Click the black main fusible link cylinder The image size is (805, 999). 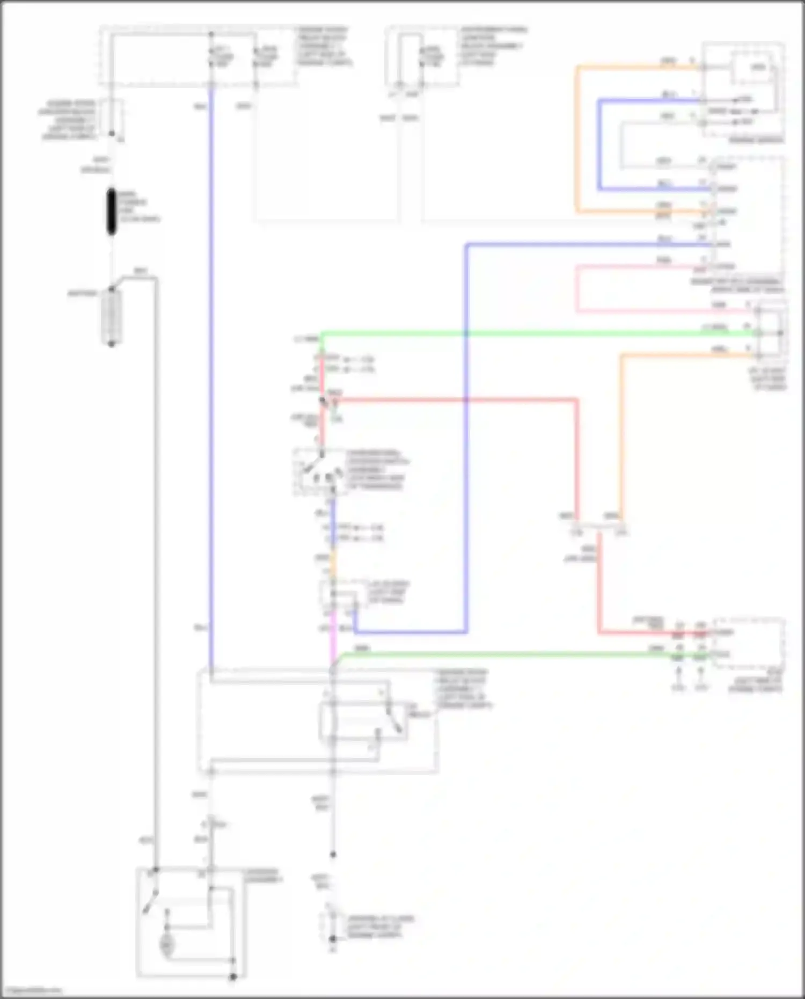click(x=112, y=212)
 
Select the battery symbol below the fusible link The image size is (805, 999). click(x=112, y=317)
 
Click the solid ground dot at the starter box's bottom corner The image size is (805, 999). click(x=233, y=977)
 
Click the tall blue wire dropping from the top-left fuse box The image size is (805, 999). click(x=211, y=376)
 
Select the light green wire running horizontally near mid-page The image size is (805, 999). click(x=537, y=334)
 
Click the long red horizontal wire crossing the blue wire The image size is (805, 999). click(x=456, y=399)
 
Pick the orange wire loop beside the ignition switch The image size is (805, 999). click(x=577, y=140)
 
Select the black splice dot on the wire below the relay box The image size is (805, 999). click(x=333, y=854)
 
